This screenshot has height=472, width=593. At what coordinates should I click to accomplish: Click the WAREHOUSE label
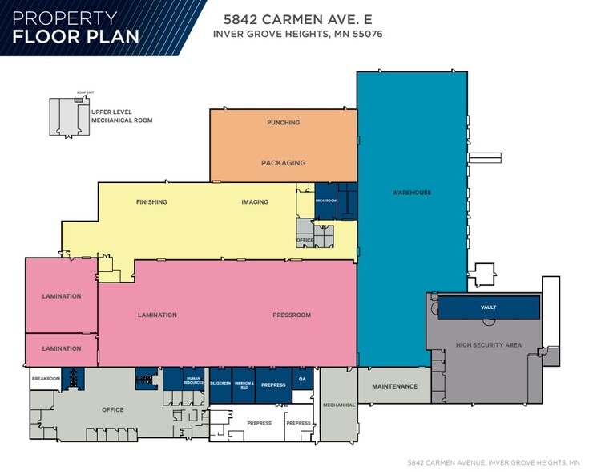point(411,193)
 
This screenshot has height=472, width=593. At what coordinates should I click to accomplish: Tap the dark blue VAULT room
point(488,307)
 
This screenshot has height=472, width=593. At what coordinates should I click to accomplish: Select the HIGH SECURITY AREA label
point(488,345)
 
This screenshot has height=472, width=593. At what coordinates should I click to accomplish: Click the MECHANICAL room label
point(338,405)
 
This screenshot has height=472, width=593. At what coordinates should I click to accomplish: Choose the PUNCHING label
point(283,123)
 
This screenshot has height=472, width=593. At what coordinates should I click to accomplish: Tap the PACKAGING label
point(283,163)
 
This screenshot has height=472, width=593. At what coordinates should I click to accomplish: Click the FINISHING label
point(151,202)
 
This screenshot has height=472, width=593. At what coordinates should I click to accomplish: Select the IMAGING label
point(255,202)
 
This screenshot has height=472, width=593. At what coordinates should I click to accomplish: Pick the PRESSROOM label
point(291,315)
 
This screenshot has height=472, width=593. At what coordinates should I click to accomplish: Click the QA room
point(302,379)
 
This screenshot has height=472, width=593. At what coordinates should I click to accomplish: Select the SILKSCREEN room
point(220,384)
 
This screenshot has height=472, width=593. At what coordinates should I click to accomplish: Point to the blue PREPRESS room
point(273,385)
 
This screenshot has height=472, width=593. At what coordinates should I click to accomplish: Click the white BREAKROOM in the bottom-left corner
point(46,379)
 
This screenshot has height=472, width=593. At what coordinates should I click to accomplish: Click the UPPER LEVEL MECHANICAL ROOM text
point(121,116)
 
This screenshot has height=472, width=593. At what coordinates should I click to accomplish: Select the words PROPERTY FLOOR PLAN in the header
point(76,27)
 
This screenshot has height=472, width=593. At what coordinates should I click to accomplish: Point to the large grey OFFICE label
point(113,410)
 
